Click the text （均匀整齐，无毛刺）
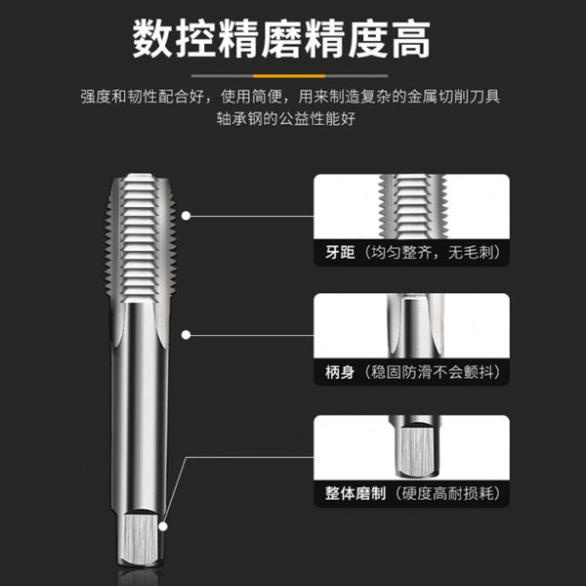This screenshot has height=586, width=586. (x=433, y=252)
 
